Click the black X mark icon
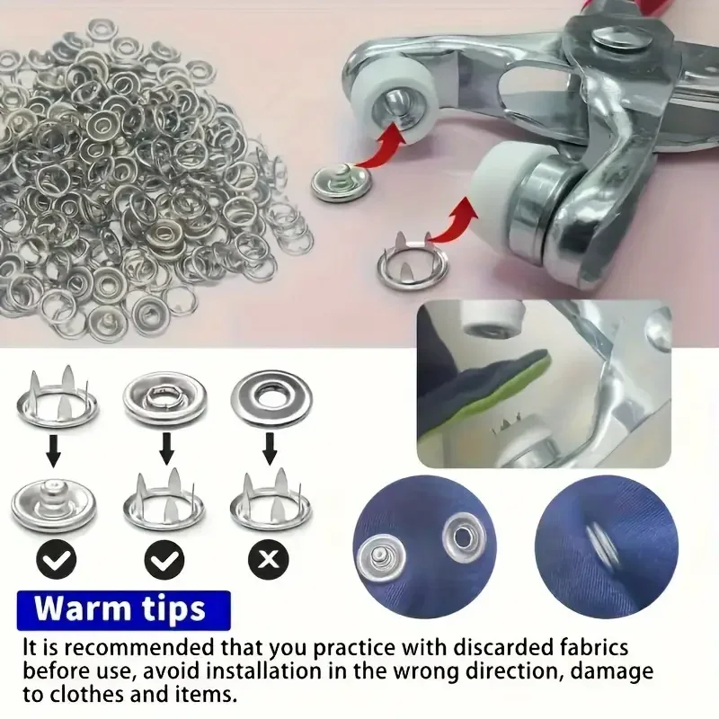coord(269,559)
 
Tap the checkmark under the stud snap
coord(56,559)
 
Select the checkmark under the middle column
coord(164,559)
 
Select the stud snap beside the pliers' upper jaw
coord(342,182)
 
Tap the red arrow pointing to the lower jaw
coord(453,225)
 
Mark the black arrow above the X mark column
coord(270,448)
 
